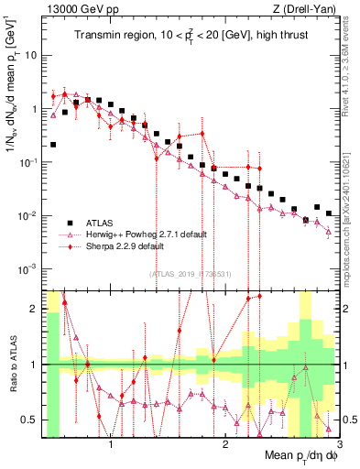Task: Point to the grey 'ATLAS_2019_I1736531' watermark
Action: click(190, 274)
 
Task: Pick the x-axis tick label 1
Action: click(111, 446)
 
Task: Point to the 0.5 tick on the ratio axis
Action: click(34, 420)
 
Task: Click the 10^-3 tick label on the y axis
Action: click(28, 269)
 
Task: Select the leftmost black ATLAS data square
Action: click(53, 145)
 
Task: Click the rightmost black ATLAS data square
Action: click(329, 213)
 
